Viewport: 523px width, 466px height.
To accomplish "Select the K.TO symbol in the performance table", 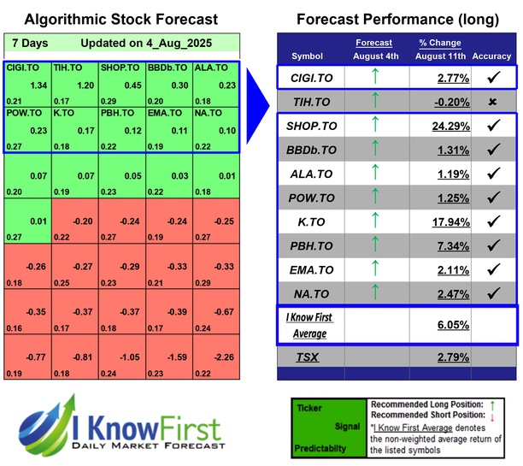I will click(307, 226).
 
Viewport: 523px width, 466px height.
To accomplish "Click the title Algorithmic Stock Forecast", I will click(120, 19).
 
